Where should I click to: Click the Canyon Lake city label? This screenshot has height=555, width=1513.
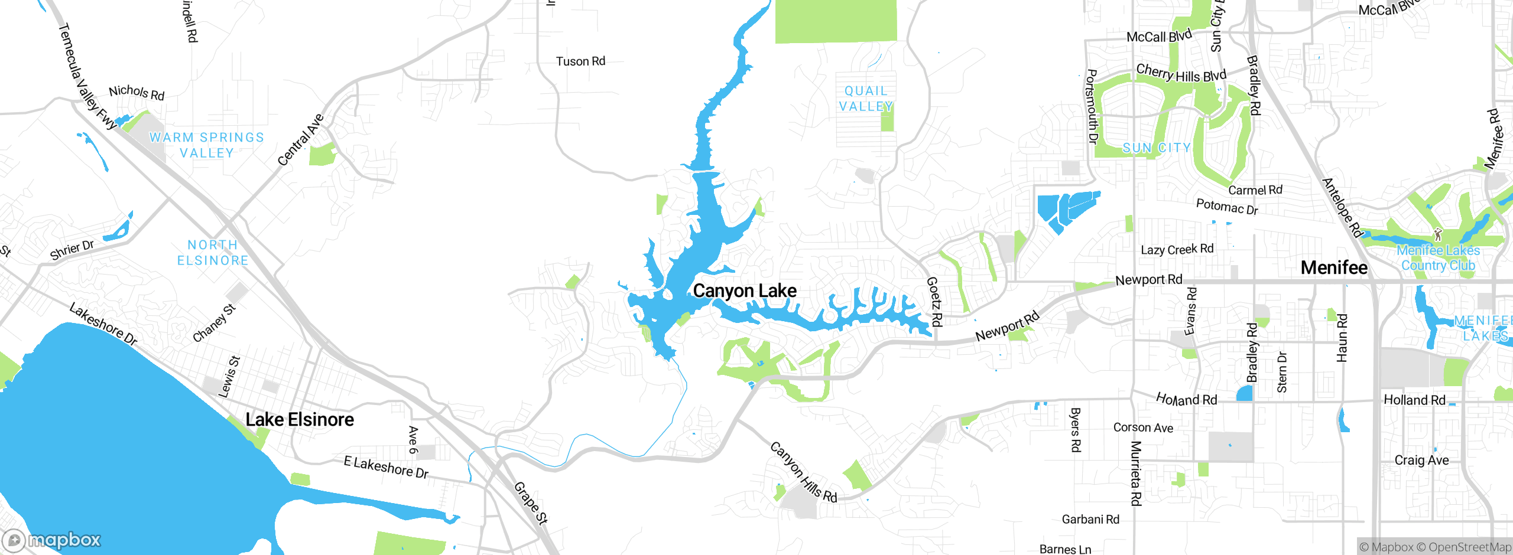click(x=744, y=290)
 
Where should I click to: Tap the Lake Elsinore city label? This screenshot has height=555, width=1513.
click(x=300, y=420)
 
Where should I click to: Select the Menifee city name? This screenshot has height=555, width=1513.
click(x=1334, y=267)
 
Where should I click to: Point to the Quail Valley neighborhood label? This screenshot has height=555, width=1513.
click(x=866, y=99)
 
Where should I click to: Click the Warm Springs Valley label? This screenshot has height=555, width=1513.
click(x=207, y=145)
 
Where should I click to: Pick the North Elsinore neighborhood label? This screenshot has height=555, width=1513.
click(x=213, y=253)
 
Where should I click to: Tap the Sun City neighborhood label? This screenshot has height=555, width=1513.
click(x=1157, y=148)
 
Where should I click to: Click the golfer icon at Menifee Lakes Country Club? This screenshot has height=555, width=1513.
click(x=1438, y=234)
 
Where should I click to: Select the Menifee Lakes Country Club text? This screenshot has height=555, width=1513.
click(x=1438, y=258)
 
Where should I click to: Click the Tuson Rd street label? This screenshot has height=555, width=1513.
click(x=580, y=61)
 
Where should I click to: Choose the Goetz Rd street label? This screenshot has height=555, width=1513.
click(x=934, y=302)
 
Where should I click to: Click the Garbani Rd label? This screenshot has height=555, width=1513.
click(x=1090, y=520)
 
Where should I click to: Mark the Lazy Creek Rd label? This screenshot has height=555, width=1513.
click(x=1177, y=250)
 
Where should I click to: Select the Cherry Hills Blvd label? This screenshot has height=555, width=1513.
click(x=1181, y=74)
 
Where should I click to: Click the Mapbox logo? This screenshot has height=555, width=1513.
click(x=52, y=540)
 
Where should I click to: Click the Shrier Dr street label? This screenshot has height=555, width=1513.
click(x=72, y=250)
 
